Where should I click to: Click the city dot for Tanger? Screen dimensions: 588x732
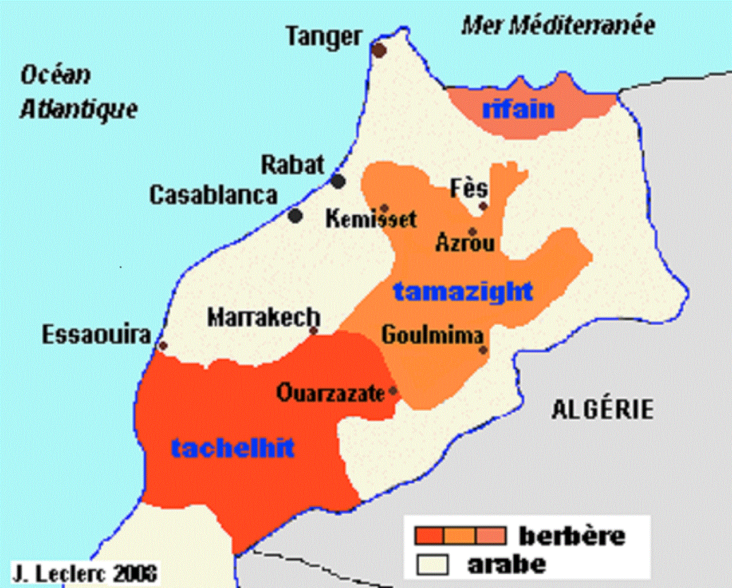pyautogui.click(x=379, y=50)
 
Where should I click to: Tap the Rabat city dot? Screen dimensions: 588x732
pyautogui.click(x=338, y=181)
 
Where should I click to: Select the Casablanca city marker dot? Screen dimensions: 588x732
pyautogui.click(x=296, y=216)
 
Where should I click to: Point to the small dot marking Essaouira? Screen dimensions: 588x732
pyautogui.click(x=163, y=346)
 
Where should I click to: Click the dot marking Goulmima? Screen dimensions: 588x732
pyautogui.click(x=484, y=350)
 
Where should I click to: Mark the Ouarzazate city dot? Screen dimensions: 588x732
pyautogui.click(x=393, y=391)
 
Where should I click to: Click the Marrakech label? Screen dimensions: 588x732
pyautogui.click(x=263, y=318)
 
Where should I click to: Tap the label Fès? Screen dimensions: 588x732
pyautogui.click(x=469, y=188)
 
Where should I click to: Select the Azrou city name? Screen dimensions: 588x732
pyautogui.click(x=465, y=243)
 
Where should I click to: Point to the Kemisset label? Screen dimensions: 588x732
pyautogui.click(x=371, y=219)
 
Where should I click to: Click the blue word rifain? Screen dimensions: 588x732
pyautogui.click(x=518, y=109)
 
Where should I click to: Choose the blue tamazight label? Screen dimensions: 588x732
pyautogui.click(x=463, y=292)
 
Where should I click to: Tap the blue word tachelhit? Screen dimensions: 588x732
pyautogui.click(x=233, y=448)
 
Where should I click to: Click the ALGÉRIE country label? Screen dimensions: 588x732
pyautogui.click(x=602, y=409)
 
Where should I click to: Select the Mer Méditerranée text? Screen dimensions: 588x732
pyautogui.click(x=558, y=26)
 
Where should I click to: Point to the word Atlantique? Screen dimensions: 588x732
pyautogui.click(x=79, y=109)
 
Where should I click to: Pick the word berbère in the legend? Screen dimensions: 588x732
pyautogui.click(x=572, y=536)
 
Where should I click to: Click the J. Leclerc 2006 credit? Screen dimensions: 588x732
pyautogui.click(x=85, y=573)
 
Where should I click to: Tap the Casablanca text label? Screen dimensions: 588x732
pyautogui.click(x=213, y=196)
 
